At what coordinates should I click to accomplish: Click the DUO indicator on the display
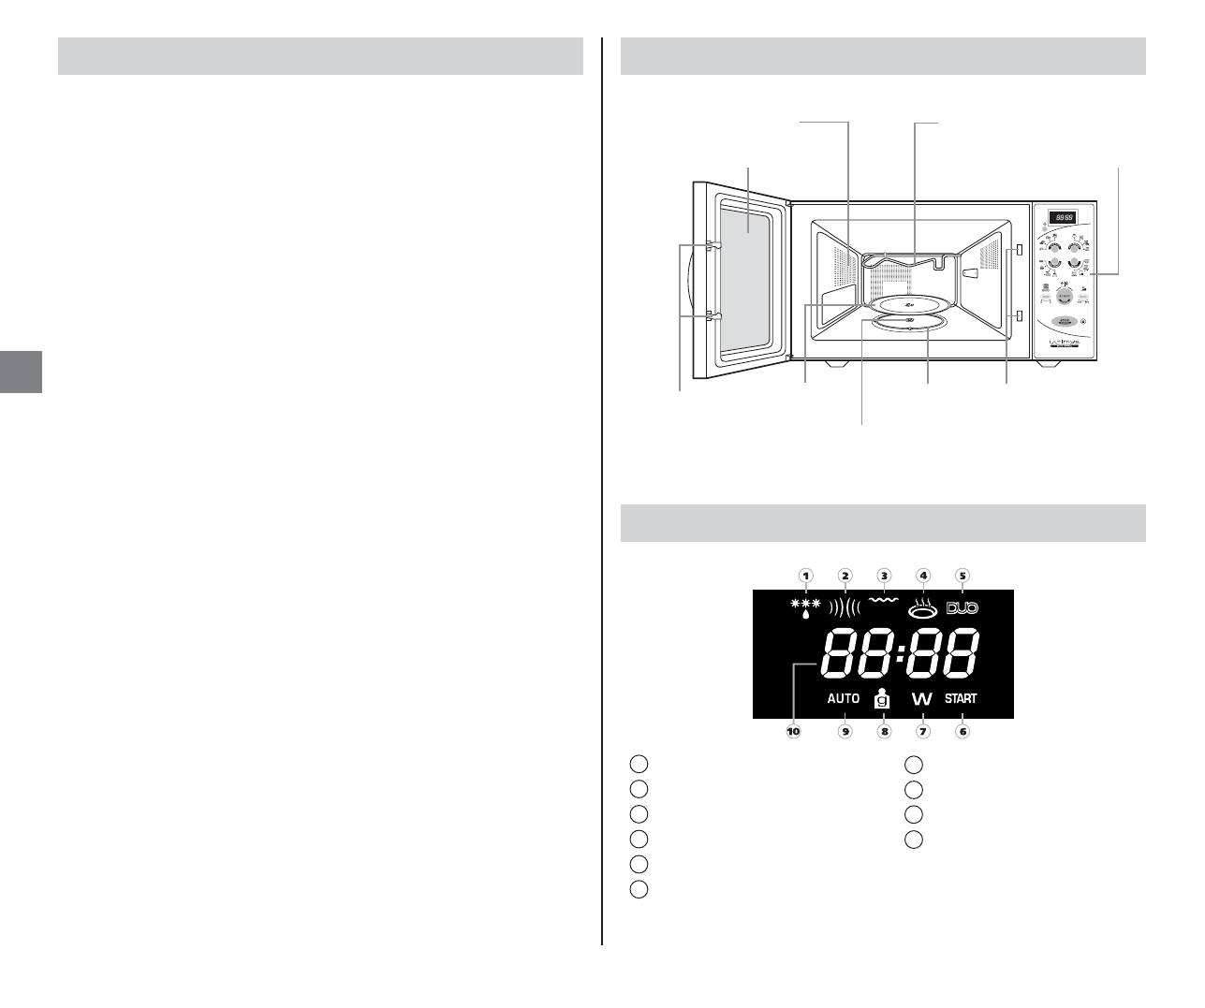tap(962, 608)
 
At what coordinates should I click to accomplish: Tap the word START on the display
tap(961, 698)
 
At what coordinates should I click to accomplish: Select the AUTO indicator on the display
tap(844, 698)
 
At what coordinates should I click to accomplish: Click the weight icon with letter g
tap(882, 698)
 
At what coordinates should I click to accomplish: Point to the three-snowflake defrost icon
tap(805, 607)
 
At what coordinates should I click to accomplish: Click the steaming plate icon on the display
tap(922, 608)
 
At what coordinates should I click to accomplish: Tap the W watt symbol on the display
tap(922, 699)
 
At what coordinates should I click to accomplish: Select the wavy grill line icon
tap(883, 601)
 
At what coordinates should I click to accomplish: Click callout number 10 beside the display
tap(794, 732)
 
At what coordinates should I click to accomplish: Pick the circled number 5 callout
tap(962, 576)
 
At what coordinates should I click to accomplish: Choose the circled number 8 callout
tap(884, 732)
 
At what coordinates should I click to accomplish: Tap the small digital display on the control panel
tap(1061, 217)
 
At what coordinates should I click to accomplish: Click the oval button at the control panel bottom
tap(1063, 324)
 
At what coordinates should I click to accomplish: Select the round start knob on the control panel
tap(1064, 296)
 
